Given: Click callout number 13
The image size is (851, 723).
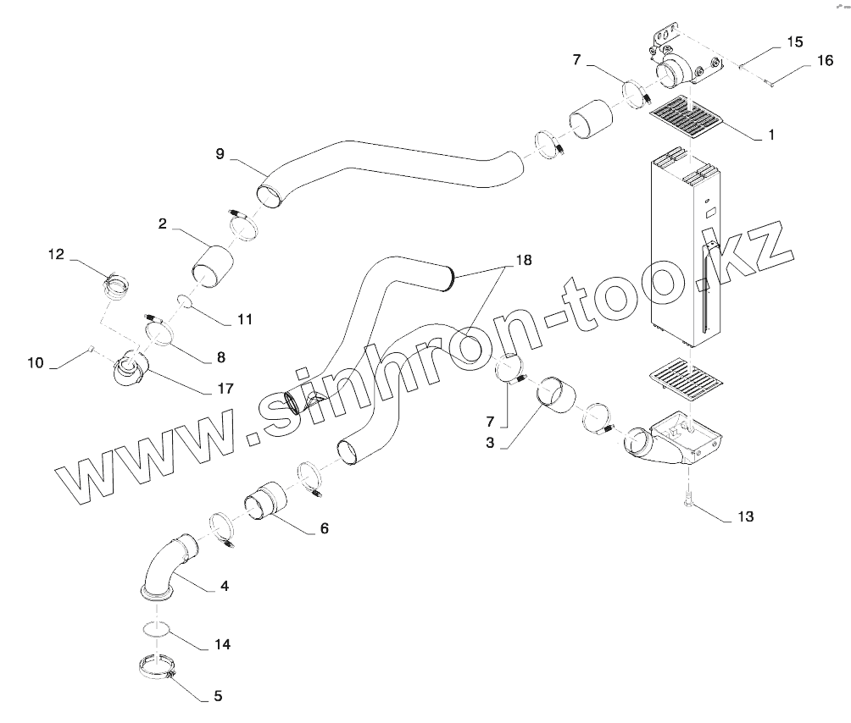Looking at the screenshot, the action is point(745,516).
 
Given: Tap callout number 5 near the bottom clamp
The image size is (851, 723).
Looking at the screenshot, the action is point(218,697).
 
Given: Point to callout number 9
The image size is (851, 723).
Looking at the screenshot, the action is point(220,154).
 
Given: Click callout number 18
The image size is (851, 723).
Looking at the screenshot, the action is point(523,260).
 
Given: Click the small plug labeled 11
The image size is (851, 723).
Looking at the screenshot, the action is point(185,301).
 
